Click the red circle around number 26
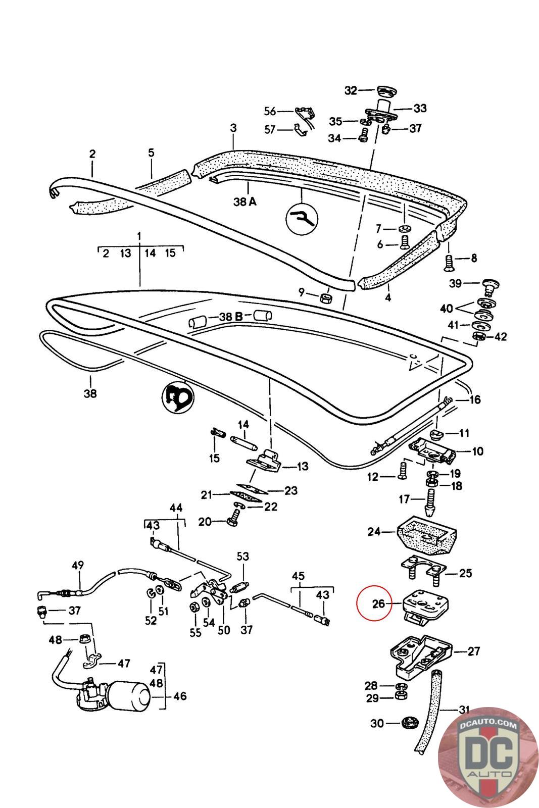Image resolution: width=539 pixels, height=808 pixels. [x=374, y=603]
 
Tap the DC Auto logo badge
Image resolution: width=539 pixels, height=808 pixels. [x=488, y=757]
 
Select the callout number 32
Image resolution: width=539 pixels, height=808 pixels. [x=350, y=90]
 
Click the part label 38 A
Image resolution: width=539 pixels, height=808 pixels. [x=245, y=201]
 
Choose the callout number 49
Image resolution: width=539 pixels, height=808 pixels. [x=78, y=565]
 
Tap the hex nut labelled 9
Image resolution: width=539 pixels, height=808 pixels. [x=326, y=298]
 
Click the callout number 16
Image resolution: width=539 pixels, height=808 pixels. [x=475, y=399]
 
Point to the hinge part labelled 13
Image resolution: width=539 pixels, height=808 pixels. [x=264, y=460]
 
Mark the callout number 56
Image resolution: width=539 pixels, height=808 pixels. [x=270, y=111]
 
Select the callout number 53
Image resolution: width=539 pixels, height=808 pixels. [x=243, y=556]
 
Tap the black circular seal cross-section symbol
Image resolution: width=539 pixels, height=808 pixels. [x=177, y=397]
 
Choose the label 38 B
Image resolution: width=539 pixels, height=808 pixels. [x=231, y=317]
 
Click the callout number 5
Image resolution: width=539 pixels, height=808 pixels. [x=151, y=153]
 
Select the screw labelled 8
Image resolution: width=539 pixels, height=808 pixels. [x=448, y=263]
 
